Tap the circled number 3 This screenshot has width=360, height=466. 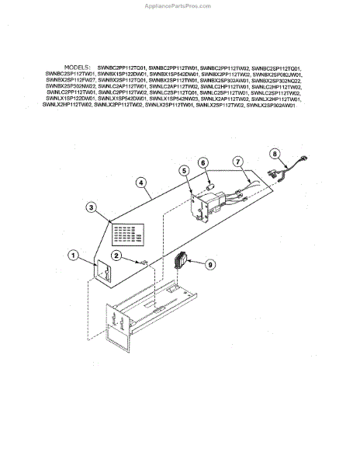pyautogui.click(x=92, y=207)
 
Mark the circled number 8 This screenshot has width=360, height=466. pyautogui.click(x=274, y=152)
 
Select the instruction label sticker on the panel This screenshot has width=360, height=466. pyautogui.click(x=127, y=232)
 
